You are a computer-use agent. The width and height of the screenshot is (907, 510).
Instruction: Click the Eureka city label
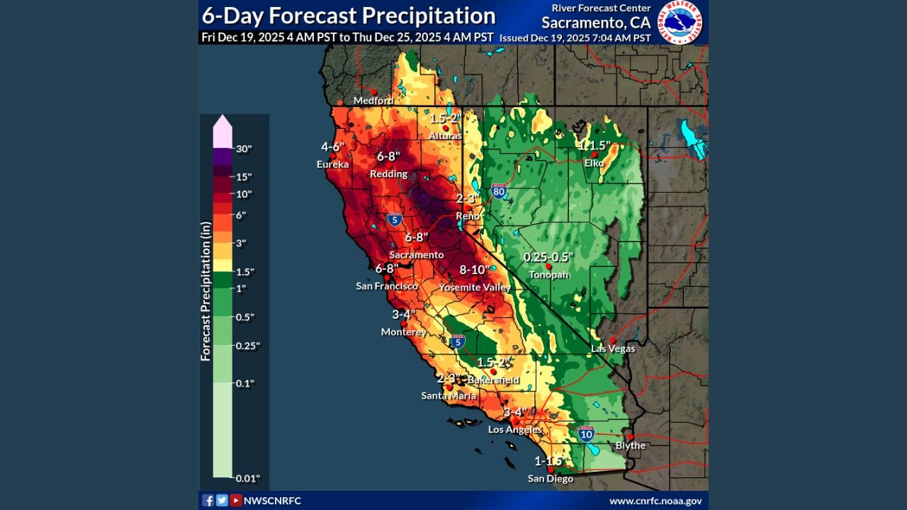[x=332, y=164]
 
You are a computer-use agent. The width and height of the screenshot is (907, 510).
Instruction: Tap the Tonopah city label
[x=548, y=275]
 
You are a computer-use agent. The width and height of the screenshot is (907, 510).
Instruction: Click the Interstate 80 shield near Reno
[x=499, y=191]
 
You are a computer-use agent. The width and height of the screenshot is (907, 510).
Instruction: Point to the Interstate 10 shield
[x=585, y=434]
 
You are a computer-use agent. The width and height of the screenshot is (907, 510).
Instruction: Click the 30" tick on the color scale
[x=243, y=149]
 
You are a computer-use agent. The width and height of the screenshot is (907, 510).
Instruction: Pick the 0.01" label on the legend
[x=247, y=478]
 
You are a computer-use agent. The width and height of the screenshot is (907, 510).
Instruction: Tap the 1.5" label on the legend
[x=245, y=272]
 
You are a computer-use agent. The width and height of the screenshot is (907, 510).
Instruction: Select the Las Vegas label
[x=614, y=348]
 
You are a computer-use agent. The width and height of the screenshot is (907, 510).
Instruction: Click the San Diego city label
[x=551, y=479]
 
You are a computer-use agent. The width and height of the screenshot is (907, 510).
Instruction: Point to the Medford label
[x=373, y=101]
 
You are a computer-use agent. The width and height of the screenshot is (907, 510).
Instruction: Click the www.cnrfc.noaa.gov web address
[x=655, y=501]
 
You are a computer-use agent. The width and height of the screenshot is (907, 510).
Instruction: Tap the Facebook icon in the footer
[x=208, y=501]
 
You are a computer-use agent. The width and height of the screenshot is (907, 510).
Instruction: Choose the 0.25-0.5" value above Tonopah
[x=548, y=257]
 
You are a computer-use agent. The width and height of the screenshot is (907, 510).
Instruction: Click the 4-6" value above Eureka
[x=332, y=147]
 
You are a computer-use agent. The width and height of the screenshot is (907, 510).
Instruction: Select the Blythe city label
[x=630, y=446]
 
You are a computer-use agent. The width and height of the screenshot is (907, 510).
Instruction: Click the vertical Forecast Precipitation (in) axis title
[x=206, y=291]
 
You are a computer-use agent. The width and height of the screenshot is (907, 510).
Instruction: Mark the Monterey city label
[x=403, y=331]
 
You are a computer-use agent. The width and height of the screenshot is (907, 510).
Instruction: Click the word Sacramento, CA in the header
[x=595, y=23]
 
